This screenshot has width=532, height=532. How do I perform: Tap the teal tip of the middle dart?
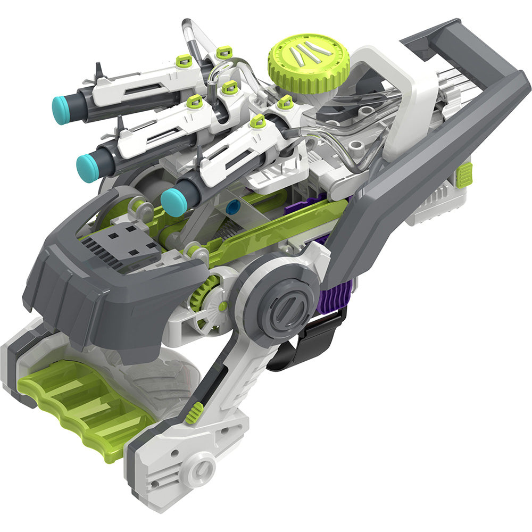click(x=87, y=167)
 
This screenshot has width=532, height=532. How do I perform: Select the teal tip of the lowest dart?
click(x=172, y=202)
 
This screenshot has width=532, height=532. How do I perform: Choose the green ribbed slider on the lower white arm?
click(x=195, y=412)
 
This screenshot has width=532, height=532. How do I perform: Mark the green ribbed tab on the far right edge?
click(x=465, y=175)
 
